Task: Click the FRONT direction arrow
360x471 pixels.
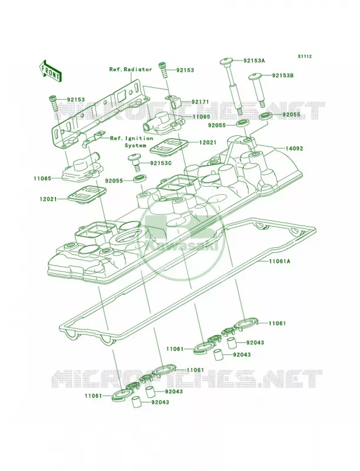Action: [51, 71]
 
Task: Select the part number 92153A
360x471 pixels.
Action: [254, 61]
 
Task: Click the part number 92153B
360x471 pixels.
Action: [283, 75]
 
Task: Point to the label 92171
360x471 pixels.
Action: [200, 102]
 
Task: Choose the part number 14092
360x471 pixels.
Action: [294, 148]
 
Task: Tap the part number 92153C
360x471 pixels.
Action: [161, 163]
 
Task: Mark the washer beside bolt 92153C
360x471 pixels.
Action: [139, 180]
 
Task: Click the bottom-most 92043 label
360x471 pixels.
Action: [160, 403]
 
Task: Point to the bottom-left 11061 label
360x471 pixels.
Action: [93, 396]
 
